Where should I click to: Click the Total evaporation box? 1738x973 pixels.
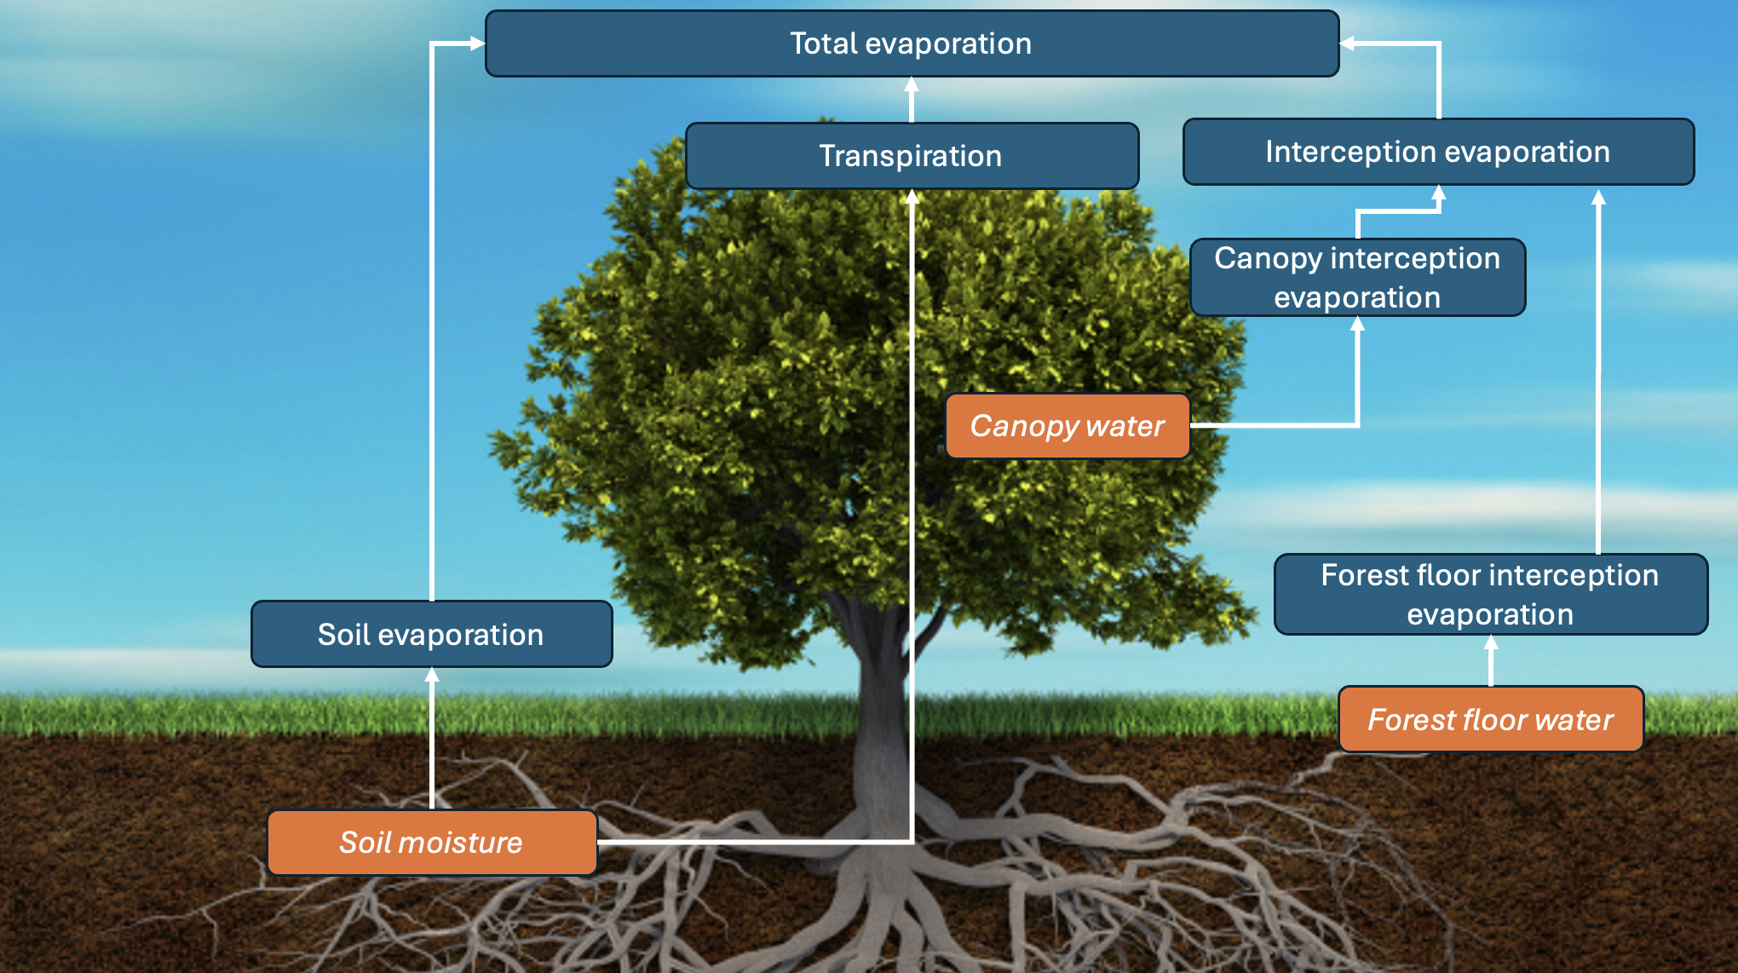click(x=912, y=43)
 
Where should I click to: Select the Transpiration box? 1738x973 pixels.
click(x=912, y=156)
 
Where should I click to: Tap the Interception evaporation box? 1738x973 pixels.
click(x=1438, y=152)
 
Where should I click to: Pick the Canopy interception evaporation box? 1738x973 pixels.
click(x=1357, y=278)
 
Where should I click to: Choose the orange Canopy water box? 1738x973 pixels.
click(x=1067, y=426)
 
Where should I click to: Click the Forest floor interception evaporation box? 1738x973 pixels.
click(x=1490, y=595)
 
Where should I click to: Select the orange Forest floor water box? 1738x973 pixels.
click(x=1490, y=720)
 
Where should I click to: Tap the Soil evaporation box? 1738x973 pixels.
click(x=431, y=635)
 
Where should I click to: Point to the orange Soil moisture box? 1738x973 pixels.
click(x=431, y=843)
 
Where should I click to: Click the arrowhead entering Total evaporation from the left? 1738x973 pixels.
click(x=476, y=43)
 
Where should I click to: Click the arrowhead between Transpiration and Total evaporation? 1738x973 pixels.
click(x=912, y=85)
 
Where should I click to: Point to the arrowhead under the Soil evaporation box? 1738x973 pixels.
click(x=432, y=675)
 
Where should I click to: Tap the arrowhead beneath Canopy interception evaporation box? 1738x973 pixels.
click(x=1358, y=325)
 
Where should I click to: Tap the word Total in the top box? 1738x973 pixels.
click(x=823, y=43)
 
